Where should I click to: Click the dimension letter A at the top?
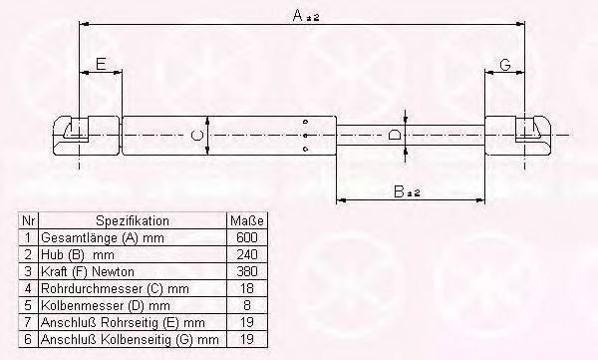coord(298,15)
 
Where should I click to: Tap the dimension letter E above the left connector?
coord(101,64)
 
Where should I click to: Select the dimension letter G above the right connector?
coord(505,64)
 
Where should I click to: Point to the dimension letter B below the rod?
coord(399,190)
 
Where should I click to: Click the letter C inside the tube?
coord(196,136)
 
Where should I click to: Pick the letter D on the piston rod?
coord(395,136)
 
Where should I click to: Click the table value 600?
coord(247,237)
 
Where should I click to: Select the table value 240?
coord(247,254)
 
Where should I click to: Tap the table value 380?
coord(247,271)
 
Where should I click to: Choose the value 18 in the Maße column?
coord(247,288)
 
